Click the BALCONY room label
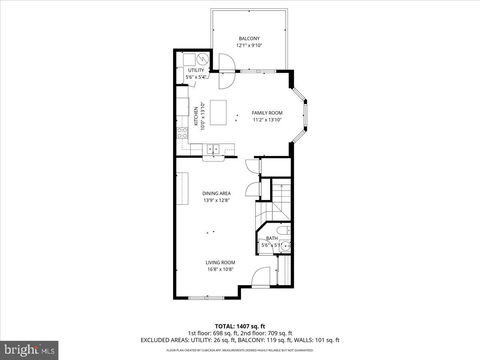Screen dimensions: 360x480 (249, 38)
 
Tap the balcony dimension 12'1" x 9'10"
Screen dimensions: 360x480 (249, 46)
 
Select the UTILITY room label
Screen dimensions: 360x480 (196, 70)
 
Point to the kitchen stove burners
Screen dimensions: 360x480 (182, 133)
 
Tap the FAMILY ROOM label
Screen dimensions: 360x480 (267, 113)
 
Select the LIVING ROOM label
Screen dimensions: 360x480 (220, 262)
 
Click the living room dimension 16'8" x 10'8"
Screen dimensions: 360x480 (220, 270)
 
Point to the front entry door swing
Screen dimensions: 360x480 (261, 277)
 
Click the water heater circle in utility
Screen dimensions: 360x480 (203, 59)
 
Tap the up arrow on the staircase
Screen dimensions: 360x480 (281, 186)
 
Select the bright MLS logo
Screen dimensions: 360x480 (29, 350)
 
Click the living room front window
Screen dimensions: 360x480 (207, 298)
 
